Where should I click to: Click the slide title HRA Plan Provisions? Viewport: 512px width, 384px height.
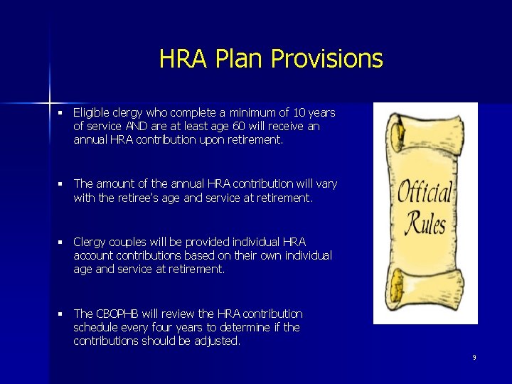coord(271,58)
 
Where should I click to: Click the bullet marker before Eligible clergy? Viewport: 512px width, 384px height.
coord(62,113)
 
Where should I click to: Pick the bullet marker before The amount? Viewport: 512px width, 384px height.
coord(62,185)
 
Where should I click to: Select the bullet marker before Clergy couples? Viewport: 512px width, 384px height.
coord(62,242)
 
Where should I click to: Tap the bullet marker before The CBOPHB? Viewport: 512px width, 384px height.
coord(62,314)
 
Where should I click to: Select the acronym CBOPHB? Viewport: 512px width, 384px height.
coord(119,314)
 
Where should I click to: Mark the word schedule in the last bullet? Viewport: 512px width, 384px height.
coord(97,328)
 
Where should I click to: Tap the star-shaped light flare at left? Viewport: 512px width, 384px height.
coord(50,92)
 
